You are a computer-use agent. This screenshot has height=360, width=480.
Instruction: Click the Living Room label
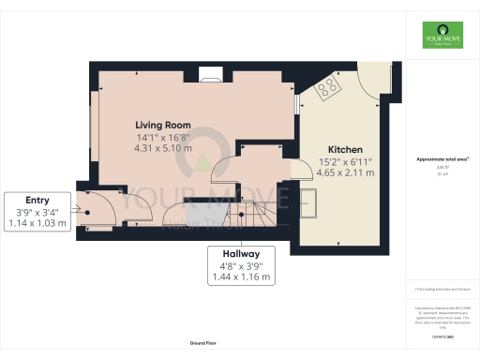click(x=163, y=125)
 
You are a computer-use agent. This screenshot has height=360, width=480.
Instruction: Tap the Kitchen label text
click(x=345, y=150)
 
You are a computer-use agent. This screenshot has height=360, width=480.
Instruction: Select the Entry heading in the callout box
click(x=37, y=200)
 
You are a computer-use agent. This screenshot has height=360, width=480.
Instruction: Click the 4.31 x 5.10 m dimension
click(x=163, y=147)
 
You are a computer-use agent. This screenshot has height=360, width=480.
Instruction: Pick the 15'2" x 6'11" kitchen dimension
click(x=345, y=161)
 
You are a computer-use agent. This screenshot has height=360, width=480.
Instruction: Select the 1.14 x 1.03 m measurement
click(x=37, y=223)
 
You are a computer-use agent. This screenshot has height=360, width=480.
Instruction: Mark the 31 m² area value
click(x=439, y=174)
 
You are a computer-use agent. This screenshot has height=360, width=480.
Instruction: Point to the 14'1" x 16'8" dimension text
click(x=163, y=137)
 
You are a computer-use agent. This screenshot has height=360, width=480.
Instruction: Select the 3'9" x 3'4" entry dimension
click(x=37, y=212)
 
